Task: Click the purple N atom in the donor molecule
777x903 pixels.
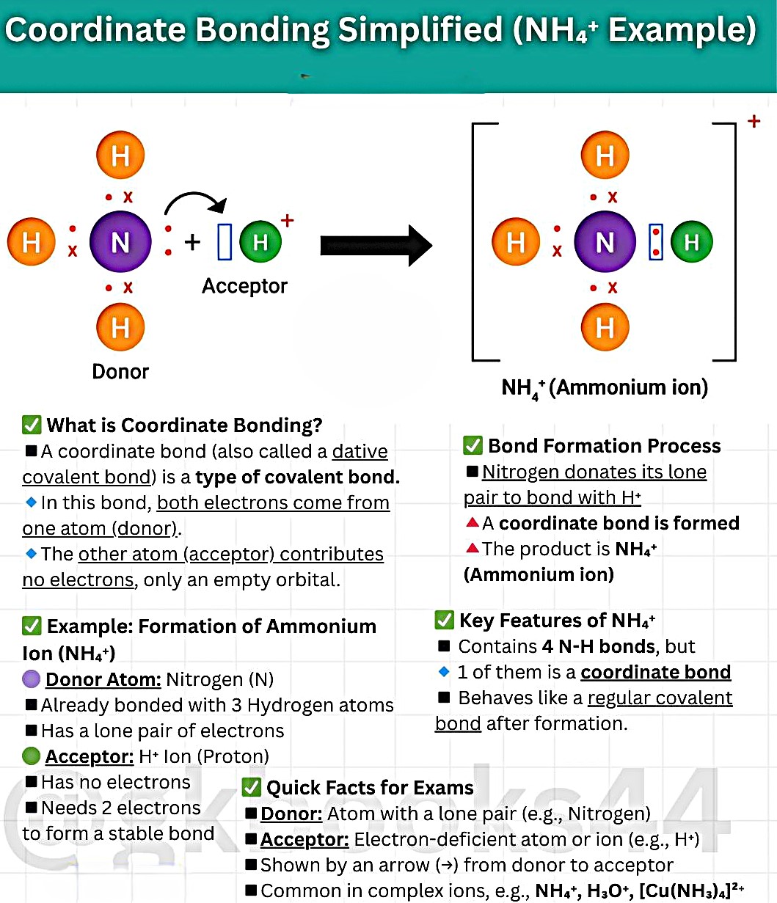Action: pos(120,241)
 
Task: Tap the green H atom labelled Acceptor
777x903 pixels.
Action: pos(260,241)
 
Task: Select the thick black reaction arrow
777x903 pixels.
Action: pos(376,246)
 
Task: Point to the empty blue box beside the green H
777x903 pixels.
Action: pos(225,241)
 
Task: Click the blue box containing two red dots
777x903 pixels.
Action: pos(655,242)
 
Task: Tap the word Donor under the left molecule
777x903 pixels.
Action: pos(120,372)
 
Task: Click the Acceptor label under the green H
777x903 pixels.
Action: pos(245,287)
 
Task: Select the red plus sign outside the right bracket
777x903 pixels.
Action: pos(754,121)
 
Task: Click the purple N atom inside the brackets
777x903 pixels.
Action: pos(605,241)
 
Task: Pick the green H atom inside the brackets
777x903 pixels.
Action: pos(691,241)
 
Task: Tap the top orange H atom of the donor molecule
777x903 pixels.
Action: pos(120,155)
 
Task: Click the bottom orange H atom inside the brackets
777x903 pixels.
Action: pos(605,327)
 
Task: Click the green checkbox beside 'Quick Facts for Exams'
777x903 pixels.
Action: pos(251,787)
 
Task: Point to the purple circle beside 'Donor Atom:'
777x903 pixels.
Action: pos(31,679)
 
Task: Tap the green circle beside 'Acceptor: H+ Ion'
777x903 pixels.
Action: pos(31,756)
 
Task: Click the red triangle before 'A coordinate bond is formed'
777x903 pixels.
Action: pos(473,522)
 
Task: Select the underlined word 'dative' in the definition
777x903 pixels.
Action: pos(360,451)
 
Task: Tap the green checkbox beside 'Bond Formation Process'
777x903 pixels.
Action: pos(473,445)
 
